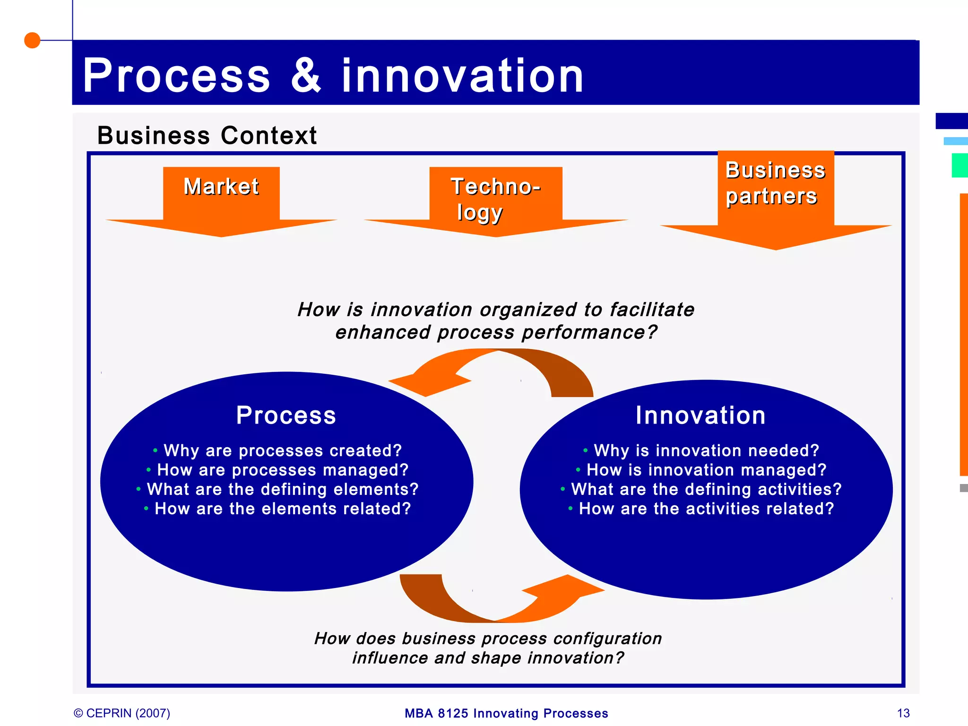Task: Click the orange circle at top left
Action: click(x=32, y=40)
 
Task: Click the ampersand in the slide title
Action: click(x=306, y=76)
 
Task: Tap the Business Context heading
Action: click(x=207, y=136)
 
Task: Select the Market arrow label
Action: click(x=221, y=186)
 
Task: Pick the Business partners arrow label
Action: click(x=775, y=183)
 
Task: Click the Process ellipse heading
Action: click(x=286, y=415)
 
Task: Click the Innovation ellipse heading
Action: click(x=700, y=415)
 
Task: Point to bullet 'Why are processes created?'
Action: click(x=282, y=450)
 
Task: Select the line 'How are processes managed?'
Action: click(x=282, y=470)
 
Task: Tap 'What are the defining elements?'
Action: click(x=282, y=489)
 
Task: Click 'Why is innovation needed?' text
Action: click(x=706, y=450)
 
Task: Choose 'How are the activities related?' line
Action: click(x=706, y=509)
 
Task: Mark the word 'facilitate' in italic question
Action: click(x=652, y=310)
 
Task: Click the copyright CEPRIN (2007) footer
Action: click(x=122, y=713)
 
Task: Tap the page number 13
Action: click(x=903, y=713)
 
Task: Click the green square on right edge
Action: click(x=960, y=165)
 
